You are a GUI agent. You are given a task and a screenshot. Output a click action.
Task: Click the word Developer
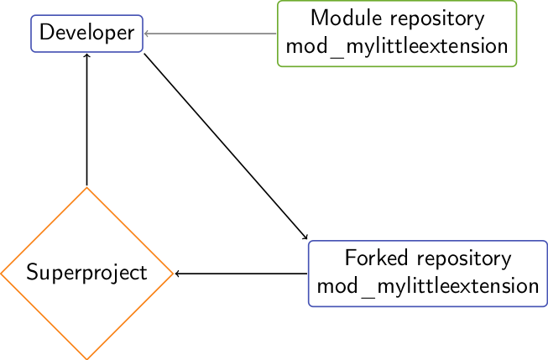click(86, 34)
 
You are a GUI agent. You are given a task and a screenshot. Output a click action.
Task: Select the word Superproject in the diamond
click(86, 274)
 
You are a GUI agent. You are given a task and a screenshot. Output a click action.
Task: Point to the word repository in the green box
click(437, 19)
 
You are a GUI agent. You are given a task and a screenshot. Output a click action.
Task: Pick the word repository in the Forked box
click(464, 259)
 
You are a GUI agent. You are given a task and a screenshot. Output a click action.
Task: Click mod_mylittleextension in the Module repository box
click(397, 47)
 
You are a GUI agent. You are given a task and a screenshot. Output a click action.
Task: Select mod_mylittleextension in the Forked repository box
click(428, 287)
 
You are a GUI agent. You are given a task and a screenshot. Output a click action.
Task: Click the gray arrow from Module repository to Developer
click(210, 34)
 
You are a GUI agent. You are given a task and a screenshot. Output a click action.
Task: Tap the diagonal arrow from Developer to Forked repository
click(226, 147)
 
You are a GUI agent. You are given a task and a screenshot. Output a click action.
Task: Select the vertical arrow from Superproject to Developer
click(86, 119)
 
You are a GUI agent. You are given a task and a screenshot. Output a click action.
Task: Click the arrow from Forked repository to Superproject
click(241, 274)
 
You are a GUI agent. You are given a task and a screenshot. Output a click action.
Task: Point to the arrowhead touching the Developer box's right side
click(146, 34)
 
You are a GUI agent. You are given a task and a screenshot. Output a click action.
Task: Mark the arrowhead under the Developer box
click(86, 55)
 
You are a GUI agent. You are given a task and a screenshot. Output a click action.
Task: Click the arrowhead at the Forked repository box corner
click(305, 237)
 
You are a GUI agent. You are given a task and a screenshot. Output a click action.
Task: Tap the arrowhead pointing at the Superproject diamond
click(177, 274)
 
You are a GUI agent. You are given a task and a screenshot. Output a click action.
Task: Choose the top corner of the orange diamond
click(86, 187)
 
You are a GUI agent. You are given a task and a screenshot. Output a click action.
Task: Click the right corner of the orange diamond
click(173, 274)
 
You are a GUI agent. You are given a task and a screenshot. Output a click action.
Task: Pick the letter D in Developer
click(47, 32)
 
